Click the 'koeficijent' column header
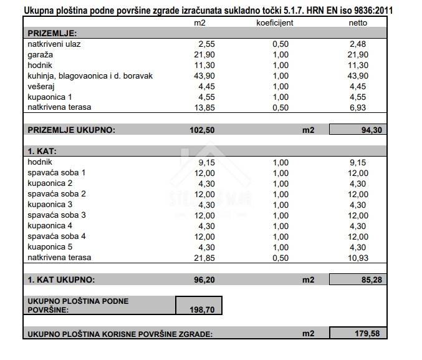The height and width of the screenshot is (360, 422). click(x=274, y=22)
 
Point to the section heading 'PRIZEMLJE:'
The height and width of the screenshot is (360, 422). click(x=52, y=33)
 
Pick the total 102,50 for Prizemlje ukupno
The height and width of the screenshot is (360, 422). click(x=202, y=130)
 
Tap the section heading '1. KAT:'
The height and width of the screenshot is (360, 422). click(x=42, y=151)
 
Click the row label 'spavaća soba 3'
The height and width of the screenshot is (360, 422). click(x=57, y=215)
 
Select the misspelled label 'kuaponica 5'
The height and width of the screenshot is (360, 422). click(x=50, y=246)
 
